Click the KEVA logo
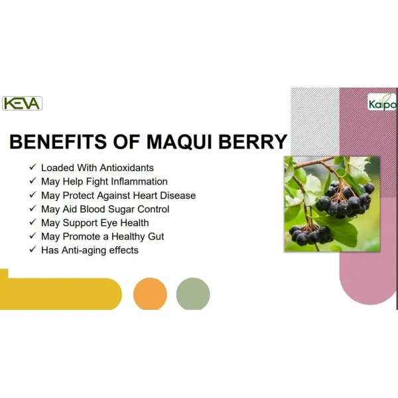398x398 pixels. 22,103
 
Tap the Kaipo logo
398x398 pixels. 382,102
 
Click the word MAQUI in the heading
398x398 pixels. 179,141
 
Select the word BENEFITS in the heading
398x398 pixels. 58,141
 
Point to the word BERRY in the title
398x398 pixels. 253,141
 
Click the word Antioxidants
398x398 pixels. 127,168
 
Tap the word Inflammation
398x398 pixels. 139,182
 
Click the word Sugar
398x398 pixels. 121,209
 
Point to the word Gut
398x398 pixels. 156,237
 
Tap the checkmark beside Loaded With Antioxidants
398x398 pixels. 33,167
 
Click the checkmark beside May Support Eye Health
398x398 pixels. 33,222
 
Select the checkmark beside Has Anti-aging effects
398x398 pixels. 33,249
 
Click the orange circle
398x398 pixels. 151,294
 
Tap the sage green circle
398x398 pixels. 193,294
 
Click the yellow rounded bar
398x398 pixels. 61,294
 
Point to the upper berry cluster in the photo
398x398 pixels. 345,200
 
